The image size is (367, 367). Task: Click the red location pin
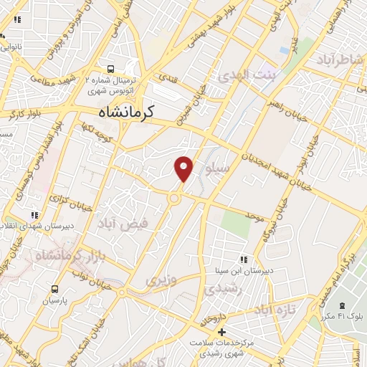[x=184, y=168]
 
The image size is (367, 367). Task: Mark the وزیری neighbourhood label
[x=161, y=280]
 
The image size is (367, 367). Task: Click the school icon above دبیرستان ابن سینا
[x=244, y=259]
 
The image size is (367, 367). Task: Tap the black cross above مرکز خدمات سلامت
[x=222, y=332]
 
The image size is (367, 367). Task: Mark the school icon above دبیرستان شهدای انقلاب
[x=33, y=214]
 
